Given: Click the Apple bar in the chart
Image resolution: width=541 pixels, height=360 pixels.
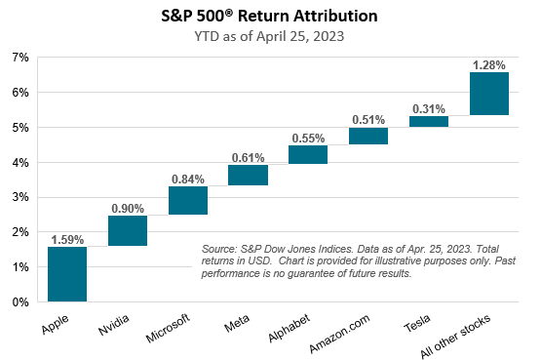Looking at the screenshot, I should (67, 274).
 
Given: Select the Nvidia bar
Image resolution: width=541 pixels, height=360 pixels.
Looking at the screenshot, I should (128, 230).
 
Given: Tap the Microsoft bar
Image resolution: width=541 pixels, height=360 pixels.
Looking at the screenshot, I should (188, 200).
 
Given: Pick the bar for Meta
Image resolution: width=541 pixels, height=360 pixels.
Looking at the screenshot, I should (248, 175).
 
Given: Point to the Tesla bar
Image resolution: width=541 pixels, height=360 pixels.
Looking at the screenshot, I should (429, 122).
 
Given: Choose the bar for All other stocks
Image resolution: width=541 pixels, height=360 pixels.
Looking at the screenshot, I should (489, 94).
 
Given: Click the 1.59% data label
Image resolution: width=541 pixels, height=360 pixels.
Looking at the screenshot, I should (67, 238).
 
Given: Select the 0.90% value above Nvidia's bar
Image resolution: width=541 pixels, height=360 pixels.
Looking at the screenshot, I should (128, 207).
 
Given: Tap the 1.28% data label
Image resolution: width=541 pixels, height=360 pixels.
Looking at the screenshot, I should (489, 64).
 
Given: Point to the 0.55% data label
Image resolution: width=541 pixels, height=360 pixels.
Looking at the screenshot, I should (308, 138).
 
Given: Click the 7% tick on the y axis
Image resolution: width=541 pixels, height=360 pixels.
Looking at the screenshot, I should (20, 58).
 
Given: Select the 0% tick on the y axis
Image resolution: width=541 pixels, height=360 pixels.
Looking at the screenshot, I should (20, 302).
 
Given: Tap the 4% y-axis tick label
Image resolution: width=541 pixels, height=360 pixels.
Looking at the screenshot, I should (20, 162).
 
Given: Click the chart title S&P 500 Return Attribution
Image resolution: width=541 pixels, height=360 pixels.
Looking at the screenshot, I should (269, 16).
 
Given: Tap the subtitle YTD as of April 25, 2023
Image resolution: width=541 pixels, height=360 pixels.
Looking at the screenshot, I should (269, 37).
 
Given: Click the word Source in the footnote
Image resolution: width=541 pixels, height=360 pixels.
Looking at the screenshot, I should (218, 249).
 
